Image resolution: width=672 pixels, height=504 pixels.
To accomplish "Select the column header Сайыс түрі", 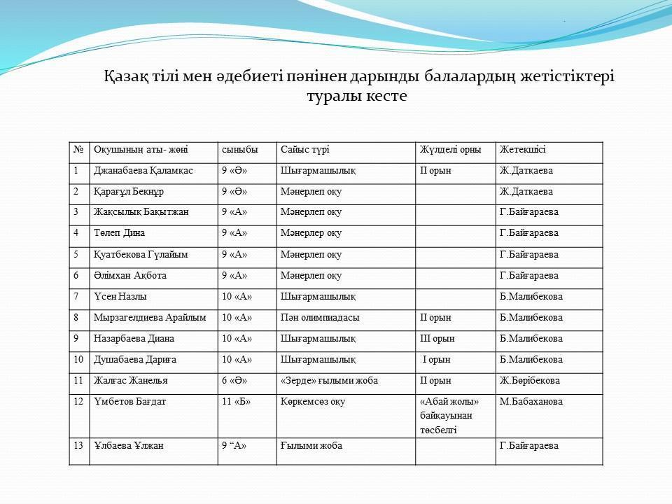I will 304,150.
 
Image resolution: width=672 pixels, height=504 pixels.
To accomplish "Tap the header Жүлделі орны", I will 450,150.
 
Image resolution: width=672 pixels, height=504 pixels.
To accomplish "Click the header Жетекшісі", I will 522,150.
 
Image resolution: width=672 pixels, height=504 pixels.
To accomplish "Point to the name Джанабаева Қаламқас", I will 143,171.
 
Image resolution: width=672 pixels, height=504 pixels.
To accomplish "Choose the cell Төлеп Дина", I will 119,234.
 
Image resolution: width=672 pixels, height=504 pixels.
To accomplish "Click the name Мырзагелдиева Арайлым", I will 150,318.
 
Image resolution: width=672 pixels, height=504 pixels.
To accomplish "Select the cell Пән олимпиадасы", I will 320,318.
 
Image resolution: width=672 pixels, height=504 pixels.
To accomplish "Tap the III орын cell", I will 437,339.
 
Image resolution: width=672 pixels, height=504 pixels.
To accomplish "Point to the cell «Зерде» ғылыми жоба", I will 329,381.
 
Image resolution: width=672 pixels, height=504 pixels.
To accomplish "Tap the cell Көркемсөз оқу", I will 312,402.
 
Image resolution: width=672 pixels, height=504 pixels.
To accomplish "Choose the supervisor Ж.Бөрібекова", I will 530,381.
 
